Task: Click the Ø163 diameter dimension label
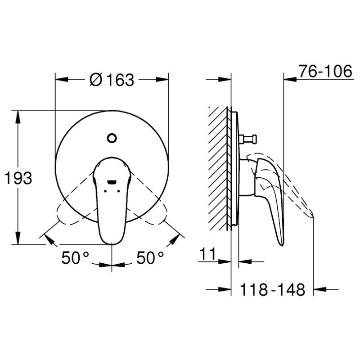click(112, 80)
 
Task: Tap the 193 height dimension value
click(18, 178)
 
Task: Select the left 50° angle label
click(75, 258)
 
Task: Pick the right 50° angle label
click(150, 258)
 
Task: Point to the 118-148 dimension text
click(273, 290)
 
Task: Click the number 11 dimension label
click(208, 254)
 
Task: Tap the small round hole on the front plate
click(112, 138)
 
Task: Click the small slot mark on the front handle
click(112, 182)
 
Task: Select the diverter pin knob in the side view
click(248, 139)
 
